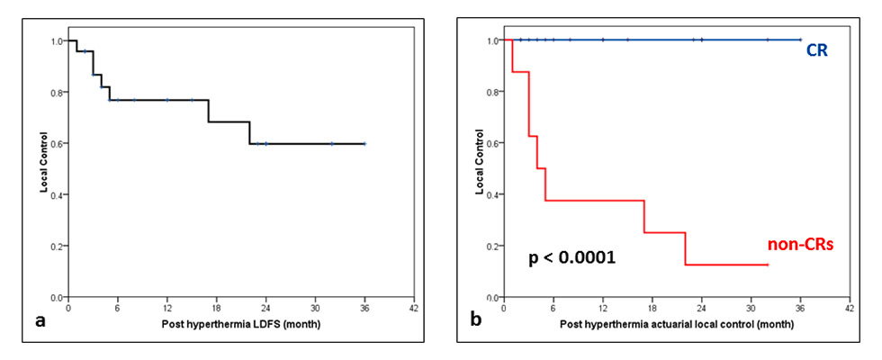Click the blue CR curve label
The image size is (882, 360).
pos(817,51)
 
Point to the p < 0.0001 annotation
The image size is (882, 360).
pos(571,258)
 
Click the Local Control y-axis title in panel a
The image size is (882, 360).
pos(42,168)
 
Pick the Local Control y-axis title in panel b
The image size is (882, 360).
pos(477,168)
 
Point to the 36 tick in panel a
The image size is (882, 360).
pos(364,307)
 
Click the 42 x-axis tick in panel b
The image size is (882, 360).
pos(850,307)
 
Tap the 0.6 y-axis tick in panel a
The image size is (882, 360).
pos(58,143)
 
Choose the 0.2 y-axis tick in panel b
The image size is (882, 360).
pos(492,246)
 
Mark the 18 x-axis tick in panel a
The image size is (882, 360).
pos(216,307)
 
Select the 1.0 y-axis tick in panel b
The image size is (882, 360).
pos(492,40)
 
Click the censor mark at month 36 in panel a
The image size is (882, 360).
pos(364,143)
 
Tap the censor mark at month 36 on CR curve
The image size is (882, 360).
pos(800,40)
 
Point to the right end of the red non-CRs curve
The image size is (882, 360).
pos(768,265)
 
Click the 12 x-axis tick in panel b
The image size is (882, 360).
pos(602,307)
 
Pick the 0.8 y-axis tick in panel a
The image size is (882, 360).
pos(58,92)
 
